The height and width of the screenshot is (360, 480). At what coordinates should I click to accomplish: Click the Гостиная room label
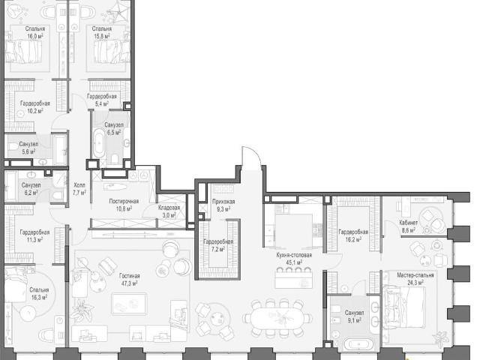click(130, 276)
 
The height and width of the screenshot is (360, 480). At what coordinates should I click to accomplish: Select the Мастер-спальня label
click(415, 275)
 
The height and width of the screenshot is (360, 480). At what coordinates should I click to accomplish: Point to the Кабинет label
click(408, 223)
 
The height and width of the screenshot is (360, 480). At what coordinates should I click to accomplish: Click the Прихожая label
click(223, 202)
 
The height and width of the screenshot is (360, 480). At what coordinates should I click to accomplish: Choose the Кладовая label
click(169, 208)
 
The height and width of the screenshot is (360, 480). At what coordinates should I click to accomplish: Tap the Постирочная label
click(124, 201)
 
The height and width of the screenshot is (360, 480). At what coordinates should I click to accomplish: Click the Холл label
click(79, 185)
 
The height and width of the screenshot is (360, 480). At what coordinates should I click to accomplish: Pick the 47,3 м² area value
click(130, 283)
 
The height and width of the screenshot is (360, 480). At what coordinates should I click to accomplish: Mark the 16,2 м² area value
click(353, 239)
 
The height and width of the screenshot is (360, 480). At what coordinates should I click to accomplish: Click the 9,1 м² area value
click(354, 320)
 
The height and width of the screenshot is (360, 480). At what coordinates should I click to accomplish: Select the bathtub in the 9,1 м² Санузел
click(358, 344)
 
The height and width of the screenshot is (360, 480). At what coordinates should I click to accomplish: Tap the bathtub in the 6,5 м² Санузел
click(99, 143)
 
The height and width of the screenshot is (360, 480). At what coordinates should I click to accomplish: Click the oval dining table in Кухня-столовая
click(277, 318)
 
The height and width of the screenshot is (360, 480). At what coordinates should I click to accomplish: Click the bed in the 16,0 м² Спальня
click(23, 52)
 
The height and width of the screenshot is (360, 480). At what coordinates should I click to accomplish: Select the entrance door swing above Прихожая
click(251, 156)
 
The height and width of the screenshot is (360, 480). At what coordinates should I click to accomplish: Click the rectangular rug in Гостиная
click(129, 304)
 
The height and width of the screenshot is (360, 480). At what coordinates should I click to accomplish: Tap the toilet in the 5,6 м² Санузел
click(13, 147)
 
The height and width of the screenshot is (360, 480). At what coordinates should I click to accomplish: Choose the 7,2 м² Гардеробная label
click(218, 245)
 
